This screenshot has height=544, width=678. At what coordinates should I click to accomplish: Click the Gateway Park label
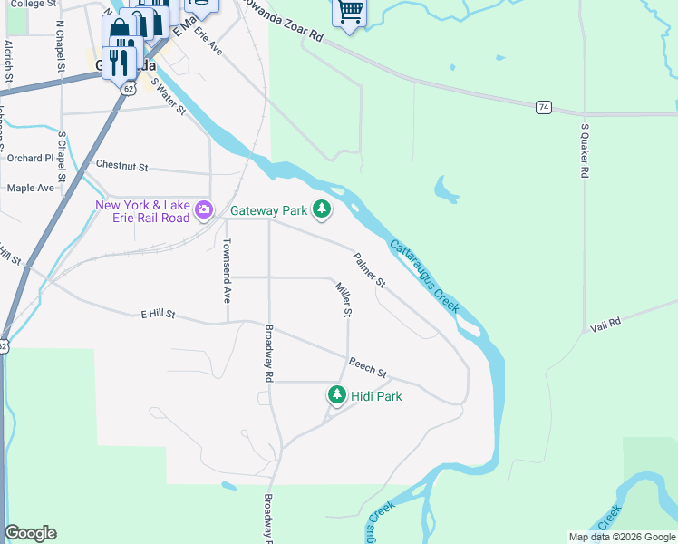(x=269, y=210)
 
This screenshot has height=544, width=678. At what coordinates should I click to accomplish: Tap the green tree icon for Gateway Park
(x=321, y=209)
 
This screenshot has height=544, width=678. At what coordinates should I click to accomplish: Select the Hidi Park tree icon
(x=337, y=395)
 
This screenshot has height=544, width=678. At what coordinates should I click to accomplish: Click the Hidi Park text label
(x=376, y=396)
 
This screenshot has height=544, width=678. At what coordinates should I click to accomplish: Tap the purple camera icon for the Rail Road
(x=204, y=210)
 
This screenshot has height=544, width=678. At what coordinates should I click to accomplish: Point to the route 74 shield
(x=543, y=107)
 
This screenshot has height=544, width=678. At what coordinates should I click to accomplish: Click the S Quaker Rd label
(x=586, y=150)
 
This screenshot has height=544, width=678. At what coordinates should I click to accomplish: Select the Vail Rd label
(x=605, y=324)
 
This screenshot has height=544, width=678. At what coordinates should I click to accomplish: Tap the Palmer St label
(x=369, y=270)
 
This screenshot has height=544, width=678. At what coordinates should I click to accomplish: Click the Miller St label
(x=343, y=299)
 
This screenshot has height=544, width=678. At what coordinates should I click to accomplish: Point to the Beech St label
(x=369, y=367)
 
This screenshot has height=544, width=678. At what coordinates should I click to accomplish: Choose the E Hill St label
(x=157, y=315)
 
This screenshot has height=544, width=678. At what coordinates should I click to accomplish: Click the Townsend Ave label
(x=228, y=271)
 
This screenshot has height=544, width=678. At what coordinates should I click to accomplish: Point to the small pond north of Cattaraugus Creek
(x=446, y=189)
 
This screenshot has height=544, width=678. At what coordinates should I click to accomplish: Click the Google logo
(x=30, y=533)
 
